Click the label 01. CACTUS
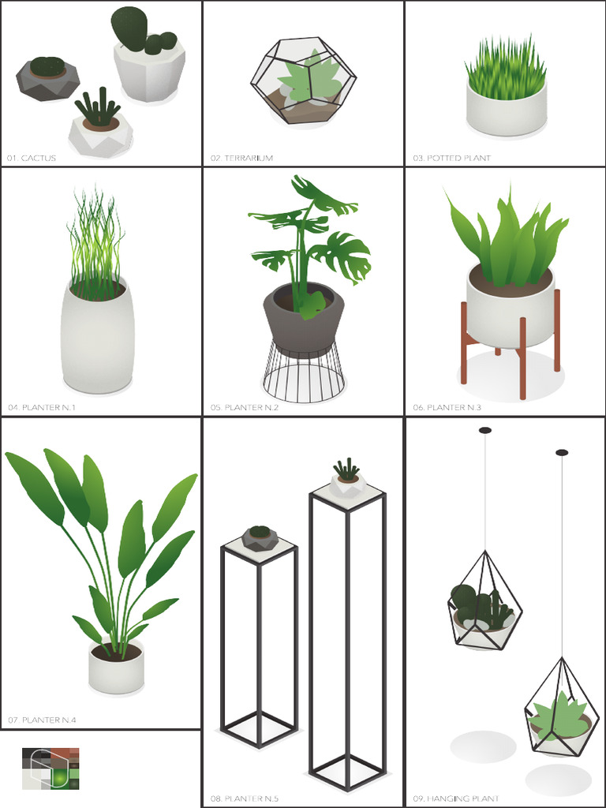tap(32, 158)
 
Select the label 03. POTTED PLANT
tap(451, 158)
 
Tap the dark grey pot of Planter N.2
tap(304, 324)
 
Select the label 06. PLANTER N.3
tap(447, 407)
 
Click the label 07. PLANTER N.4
tap(42, 720)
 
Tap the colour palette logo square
tap(50, 768)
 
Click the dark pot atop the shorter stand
tap(260, 538)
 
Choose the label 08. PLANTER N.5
tap(244, 799)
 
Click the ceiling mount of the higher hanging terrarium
tap(484, 430)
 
